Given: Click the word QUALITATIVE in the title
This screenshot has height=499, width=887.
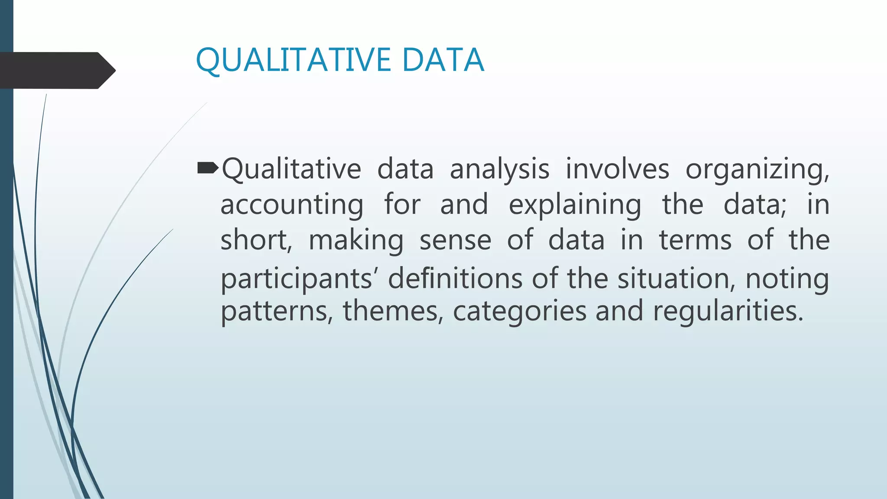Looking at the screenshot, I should tap(293, 60).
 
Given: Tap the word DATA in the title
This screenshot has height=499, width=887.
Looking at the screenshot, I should tap(443, 60).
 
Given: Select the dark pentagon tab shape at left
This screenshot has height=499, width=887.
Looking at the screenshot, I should tap(56, 70).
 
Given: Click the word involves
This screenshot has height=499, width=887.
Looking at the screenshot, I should tap(617, 169).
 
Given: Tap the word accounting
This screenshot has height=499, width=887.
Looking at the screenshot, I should tap(292, 205).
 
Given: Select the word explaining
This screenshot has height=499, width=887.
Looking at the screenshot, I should tap(575, 205).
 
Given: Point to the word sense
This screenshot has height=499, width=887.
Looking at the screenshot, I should tap(455, 240).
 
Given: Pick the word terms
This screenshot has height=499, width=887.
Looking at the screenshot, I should tap(695, 240).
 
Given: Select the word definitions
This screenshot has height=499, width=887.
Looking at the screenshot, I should tap(455, 278).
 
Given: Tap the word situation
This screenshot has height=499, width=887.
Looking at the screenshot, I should tap(676, 278).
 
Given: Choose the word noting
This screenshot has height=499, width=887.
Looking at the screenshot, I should tap(787, 279).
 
